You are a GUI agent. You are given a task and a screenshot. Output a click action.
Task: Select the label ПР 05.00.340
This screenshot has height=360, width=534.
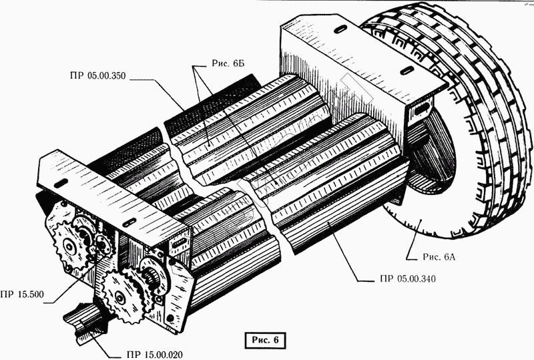pyautogui.click(x=396, y=279)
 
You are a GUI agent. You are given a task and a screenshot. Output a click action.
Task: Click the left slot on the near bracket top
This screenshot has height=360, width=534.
pyautogui.click(x=58, y=182)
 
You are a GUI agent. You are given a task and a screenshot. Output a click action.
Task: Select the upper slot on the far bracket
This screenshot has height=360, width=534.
pyautogui.click(x=338, y=29)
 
